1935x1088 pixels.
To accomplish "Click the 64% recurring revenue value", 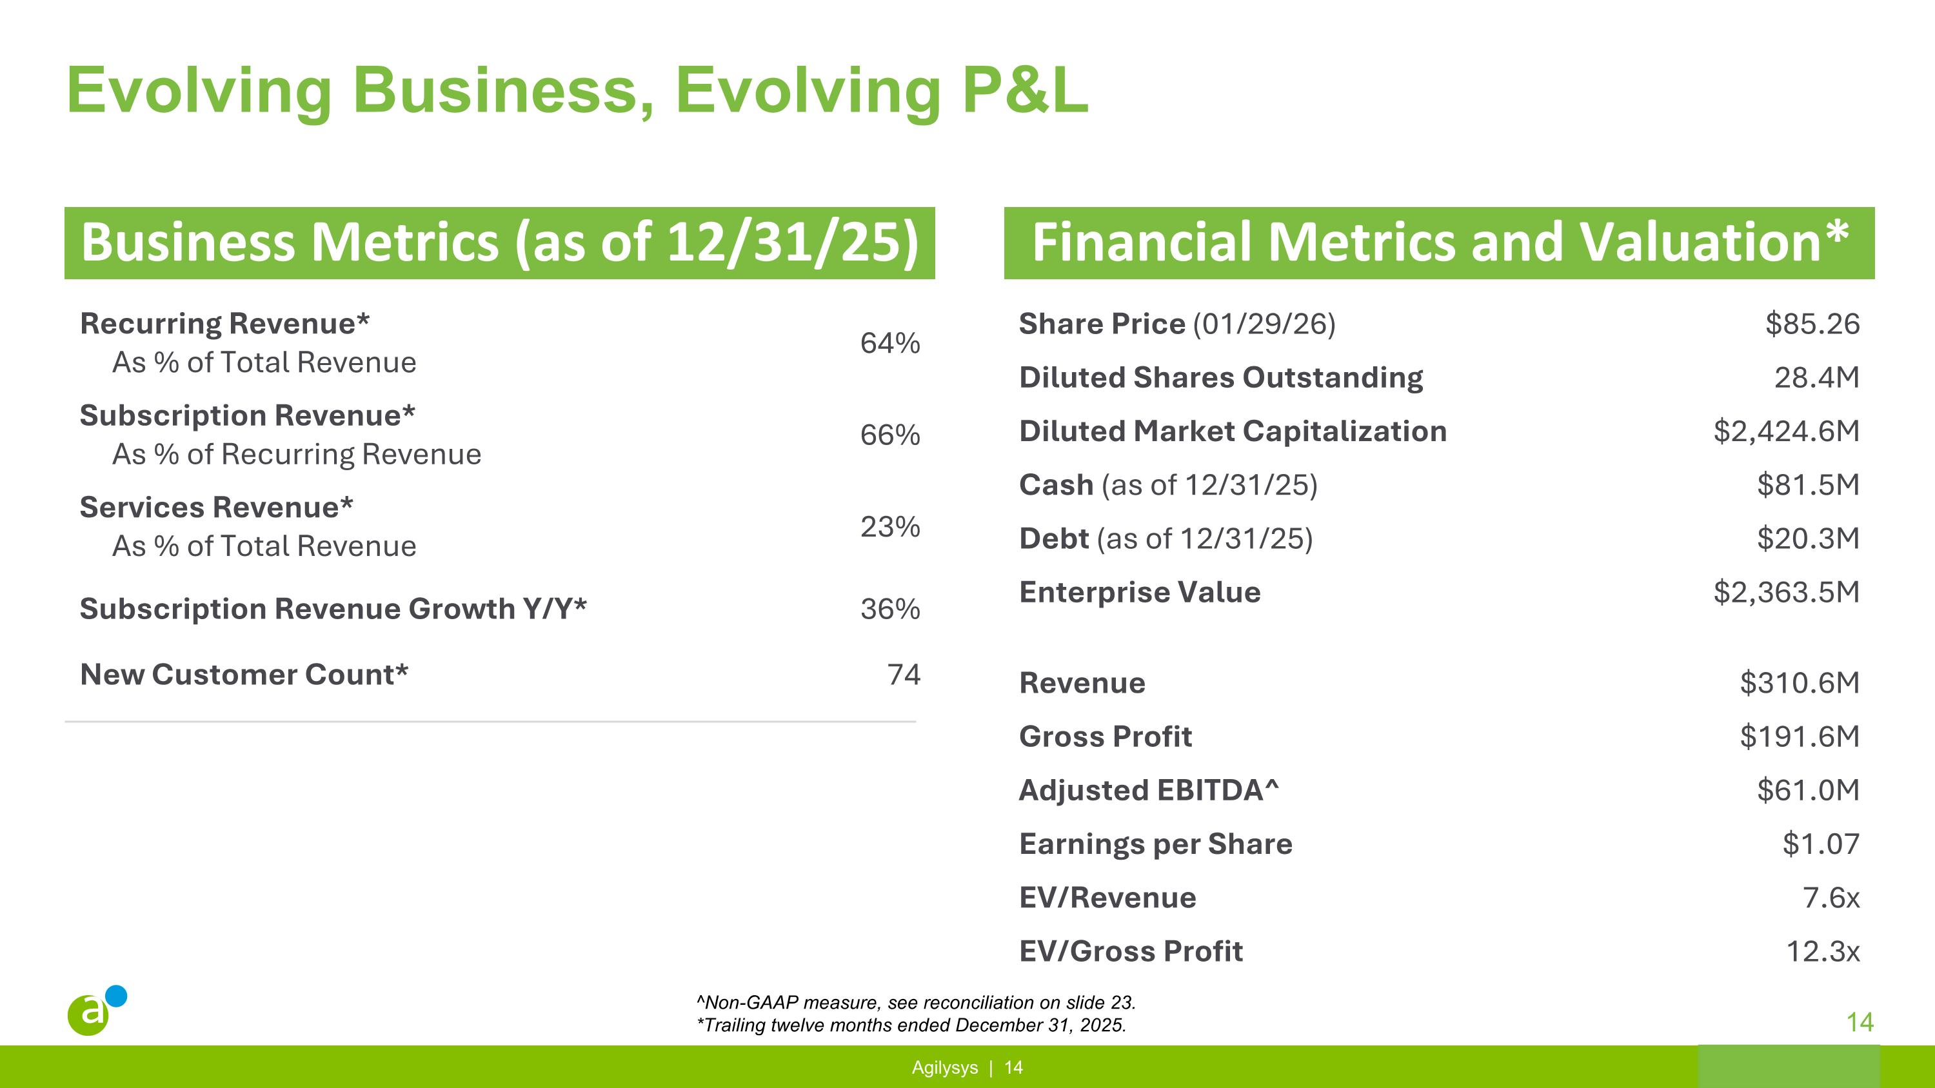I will pos(889,343).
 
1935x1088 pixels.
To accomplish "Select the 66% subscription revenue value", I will pos(889,435).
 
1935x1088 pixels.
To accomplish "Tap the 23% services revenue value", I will pos(889,527).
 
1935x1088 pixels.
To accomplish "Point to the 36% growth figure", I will pos(889,609).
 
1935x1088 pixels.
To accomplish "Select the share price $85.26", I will pos(1812,324).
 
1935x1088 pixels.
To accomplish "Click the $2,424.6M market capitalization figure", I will pos(1785,431).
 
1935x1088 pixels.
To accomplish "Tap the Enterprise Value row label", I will pos(1140,593).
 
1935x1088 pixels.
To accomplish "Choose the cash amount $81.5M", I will pos(1807,485).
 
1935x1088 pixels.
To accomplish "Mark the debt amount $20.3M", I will pos(1807,539).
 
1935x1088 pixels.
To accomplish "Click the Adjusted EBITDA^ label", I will pos(1149,791).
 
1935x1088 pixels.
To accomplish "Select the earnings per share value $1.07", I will pos(1821,845).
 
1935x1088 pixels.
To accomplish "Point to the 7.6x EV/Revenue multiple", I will pos(1831,898).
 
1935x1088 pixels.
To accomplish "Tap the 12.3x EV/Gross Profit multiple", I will pos(1822,952).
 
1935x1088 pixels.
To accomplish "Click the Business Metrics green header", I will pos(499,242).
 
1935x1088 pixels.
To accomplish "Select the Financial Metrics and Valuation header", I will pos(1438,242).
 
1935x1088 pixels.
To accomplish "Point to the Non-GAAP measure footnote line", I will pos(916,1002).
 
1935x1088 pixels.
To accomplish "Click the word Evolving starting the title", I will pos(199,91).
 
